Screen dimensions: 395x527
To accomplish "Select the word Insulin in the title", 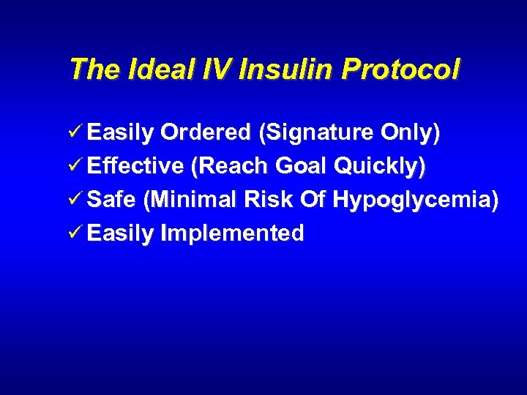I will [271, 69].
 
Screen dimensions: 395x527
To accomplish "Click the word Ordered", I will [206, 132].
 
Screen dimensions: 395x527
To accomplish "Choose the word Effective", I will [135, 166].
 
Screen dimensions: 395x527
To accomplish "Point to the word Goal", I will [302, 166].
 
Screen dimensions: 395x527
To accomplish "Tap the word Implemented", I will [232, 234].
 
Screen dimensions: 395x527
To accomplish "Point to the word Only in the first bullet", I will [411, 134].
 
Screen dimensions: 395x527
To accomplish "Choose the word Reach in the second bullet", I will [231, 167].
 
